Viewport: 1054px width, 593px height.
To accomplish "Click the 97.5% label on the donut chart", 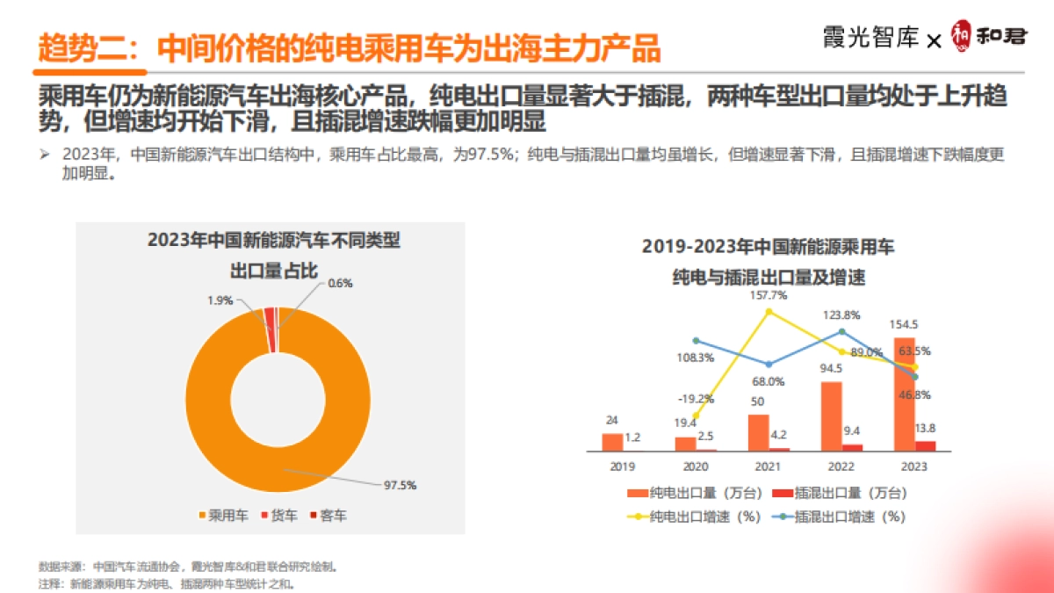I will (399, 485).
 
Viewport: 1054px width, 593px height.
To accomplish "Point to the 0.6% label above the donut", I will (340, 283).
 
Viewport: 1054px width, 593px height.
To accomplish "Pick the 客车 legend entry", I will (328, 515).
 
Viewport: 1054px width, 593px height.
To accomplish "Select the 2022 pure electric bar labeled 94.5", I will (831, 416).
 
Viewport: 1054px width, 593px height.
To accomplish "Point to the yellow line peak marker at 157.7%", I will (769, 311).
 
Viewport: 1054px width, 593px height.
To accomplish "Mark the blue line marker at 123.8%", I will (841, 331).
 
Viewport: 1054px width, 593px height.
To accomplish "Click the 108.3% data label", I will (696, 358).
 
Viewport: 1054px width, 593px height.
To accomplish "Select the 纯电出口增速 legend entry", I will (693, 517).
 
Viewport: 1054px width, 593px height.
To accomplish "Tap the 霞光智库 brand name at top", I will (871, 38).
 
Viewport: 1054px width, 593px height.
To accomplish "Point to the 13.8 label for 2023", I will (925, 428).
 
